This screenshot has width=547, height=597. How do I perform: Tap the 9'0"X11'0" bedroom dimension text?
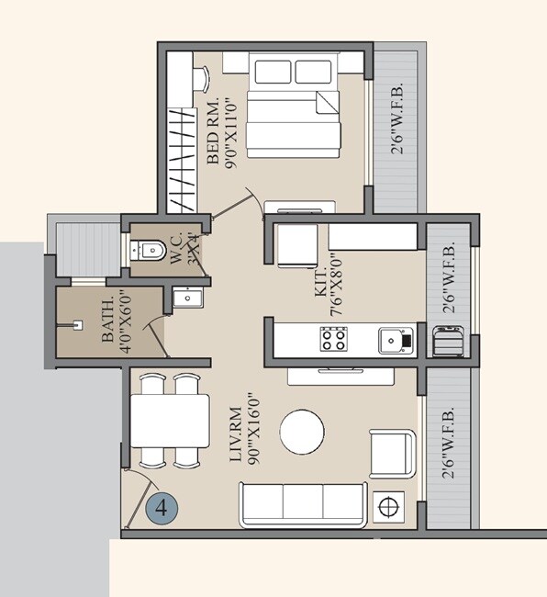(230, 130)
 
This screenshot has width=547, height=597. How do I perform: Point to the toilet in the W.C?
(148, 249)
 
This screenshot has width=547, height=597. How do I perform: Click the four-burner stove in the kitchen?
(333, 340)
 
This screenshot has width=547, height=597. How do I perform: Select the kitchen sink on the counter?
(396, 340)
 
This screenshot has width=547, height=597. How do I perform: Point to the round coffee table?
(302, 432)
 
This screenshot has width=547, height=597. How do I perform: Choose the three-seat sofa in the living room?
(303, 504)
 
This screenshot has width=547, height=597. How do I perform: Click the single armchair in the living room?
(391, 454)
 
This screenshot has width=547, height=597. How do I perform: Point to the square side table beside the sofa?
(389, 506)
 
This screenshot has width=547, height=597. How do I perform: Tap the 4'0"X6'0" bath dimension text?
(123, 321)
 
